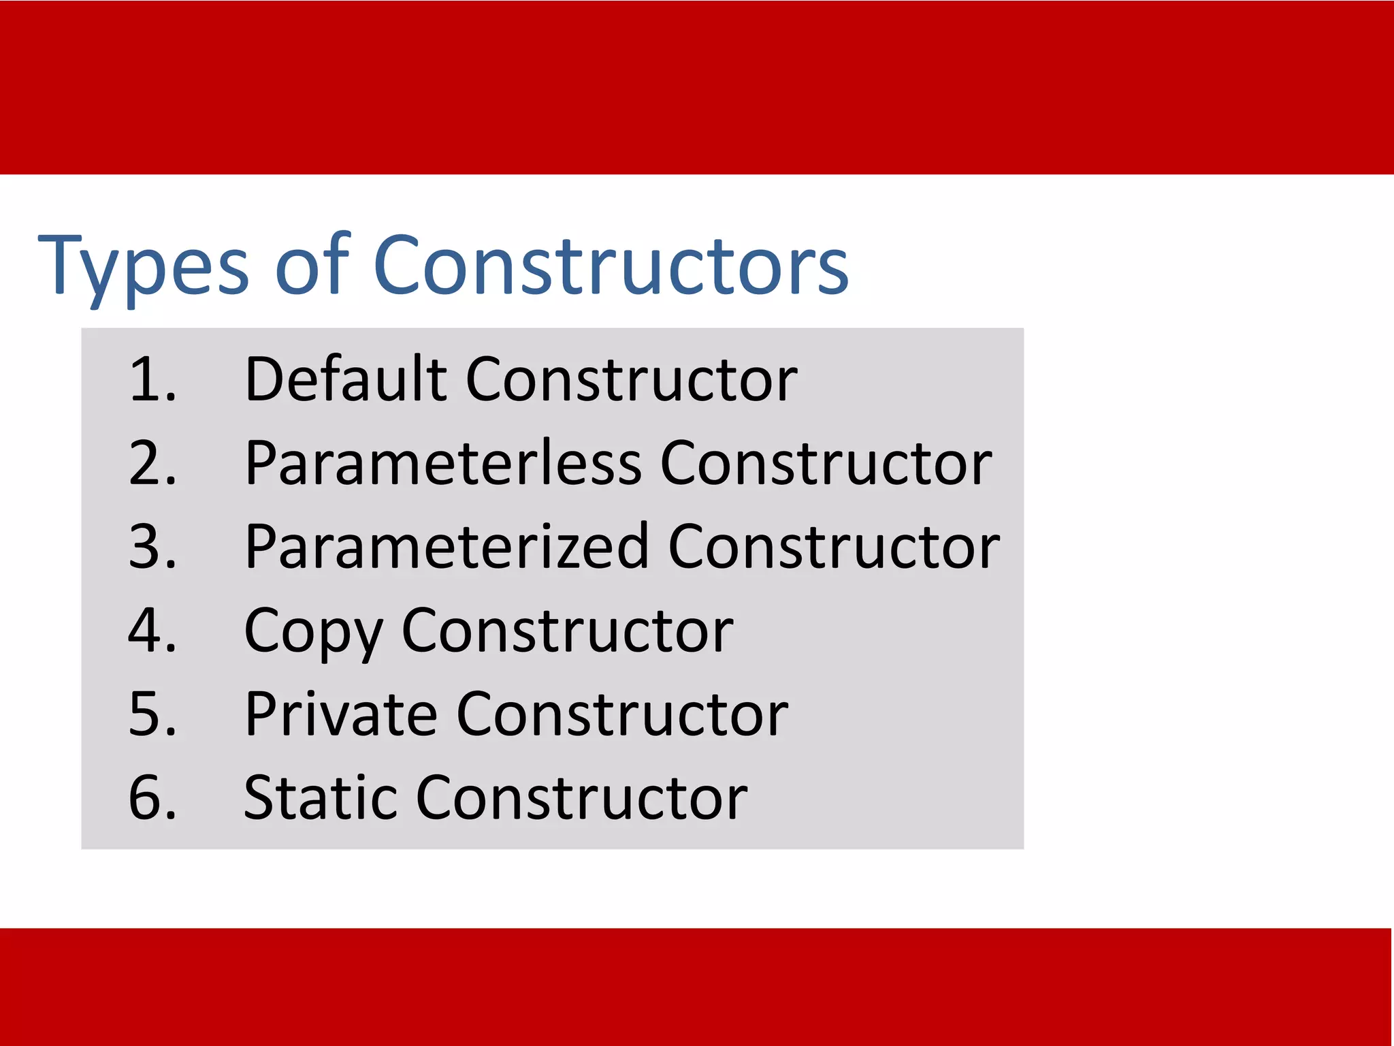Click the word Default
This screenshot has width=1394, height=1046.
click(346, 379)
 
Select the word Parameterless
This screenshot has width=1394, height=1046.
click(443, 463)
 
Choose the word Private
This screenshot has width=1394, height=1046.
click(341, 714)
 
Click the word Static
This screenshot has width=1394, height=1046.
click(320, 798)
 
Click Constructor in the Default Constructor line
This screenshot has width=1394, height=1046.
click(632, 379)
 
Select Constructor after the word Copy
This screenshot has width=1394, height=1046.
click(568, 631)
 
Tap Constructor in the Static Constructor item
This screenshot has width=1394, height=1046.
click(582, 798)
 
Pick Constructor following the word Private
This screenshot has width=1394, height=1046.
click(622, 714)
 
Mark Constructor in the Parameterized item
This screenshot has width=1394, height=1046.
click(834, 547)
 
